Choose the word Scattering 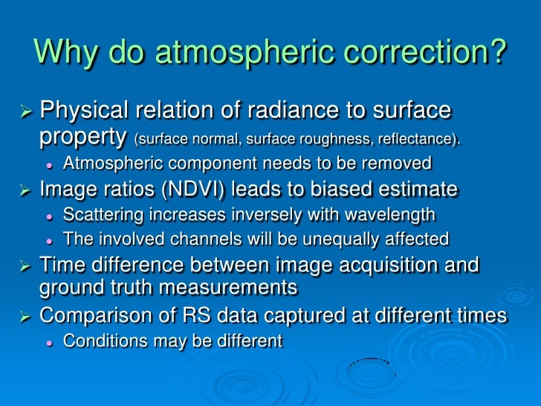coord(100,215)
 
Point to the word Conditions coord(100,341)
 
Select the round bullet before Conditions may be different coord(50,342)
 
